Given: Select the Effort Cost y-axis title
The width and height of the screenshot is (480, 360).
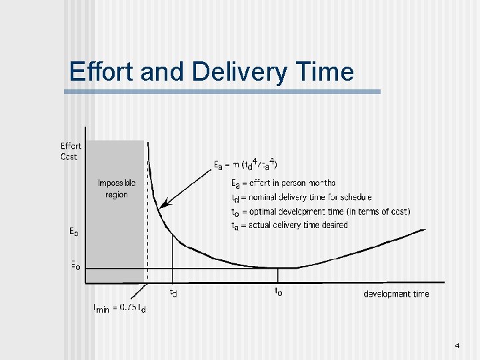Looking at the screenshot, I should (70, 151).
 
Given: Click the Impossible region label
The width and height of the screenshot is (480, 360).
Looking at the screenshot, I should (116, 189).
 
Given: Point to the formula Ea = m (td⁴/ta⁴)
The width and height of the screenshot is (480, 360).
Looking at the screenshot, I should (245, 163).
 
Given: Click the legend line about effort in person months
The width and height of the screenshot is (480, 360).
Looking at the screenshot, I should (283, 183).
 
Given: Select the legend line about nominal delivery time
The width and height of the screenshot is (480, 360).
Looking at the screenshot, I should (301, 197).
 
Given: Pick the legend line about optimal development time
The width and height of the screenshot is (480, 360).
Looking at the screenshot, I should (320, 211).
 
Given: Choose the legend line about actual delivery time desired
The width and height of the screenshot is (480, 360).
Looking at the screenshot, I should (289, 225).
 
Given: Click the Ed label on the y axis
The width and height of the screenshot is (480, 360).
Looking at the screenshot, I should (74, 232).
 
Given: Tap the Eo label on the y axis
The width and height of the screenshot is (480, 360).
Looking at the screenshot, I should (75, 265).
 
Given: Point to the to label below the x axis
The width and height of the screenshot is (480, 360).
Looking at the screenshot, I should (278, 291).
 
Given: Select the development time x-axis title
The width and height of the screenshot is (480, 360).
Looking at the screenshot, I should (396, 294).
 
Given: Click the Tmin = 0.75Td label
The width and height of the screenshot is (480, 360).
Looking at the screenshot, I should (119, 308).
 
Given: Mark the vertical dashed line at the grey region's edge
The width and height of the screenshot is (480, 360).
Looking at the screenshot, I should (147, 220).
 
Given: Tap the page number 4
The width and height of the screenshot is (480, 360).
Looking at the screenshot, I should (457, 346).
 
